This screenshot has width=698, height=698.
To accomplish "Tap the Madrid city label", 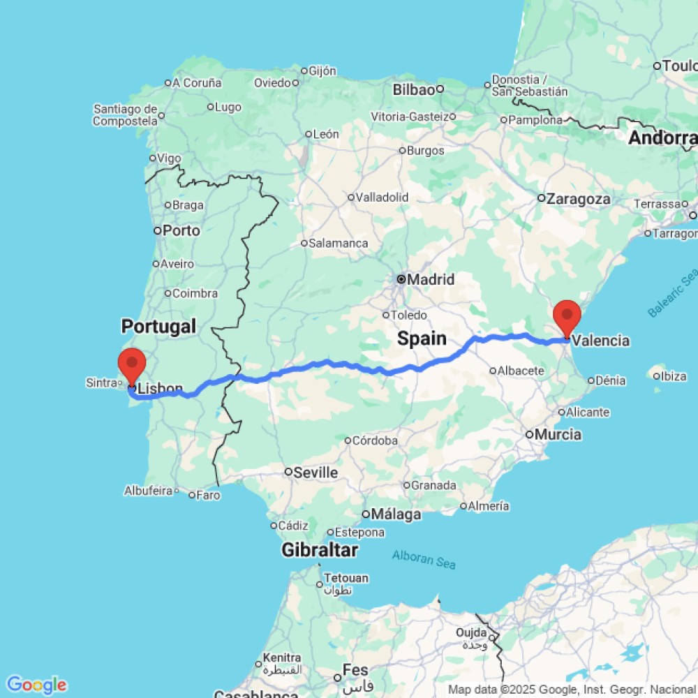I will point(431,280).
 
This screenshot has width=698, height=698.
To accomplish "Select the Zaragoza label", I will point(578,199).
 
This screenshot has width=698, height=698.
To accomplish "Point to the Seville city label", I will point(315,473).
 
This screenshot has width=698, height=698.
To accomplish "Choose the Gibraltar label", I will point(320,550).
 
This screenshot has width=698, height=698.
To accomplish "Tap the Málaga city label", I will point(396,515).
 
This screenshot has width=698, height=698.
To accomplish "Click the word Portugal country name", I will point(158,326).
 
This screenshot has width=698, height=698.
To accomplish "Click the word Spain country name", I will point(422,339).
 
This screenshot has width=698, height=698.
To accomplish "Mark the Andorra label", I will point(662,138).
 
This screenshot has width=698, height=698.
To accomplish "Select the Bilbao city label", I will point(414,89).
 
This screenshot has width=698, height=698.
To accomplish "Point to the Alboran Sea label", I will point(424,559).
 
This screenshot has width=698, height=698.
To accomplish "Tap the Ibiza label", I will point(674,376).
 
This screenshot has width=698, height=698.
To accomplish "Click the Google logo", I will point(36,685).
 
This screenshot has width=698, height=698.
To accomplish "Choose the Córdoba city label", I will point(375,440).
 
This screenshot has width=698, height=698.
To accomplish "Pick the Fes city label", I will point(355,671).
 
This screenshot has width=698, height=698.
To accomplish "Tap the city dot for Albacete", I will point(493,371).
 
